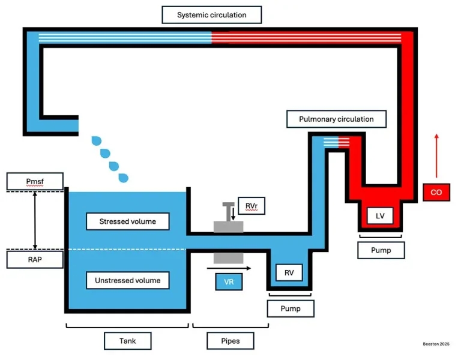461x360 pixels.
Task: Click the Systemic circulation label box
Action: [x=212, y=14]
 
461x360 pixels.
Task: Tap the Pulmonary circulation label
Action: [x=336, y=119]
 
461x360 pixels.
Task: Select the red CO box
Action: [x=436, y=192]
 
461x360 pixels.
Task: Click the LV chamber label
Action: [x=380, y=215]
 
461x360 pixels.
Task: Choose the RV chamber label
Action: [x=289, y=272]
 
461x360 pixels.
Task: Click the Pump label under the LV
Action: [x=381, y=250]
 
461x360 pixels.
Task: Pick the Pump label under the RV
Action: [x=291, y=309]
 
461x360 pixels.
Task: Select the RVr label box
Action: [x=251, y=205]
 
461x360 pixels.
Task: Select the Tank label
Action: [x=127, y=341]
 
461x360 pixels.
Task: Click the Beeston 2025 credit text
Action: [x=436, y=344]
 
